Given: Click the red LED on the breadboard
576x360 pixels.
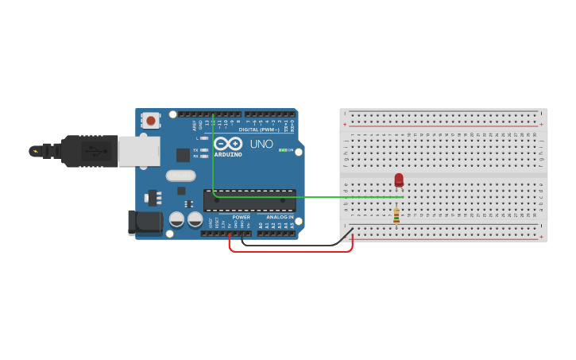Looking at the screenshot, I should coord(399,180).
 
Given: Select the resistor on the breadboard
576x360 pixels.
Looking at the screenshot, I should coord(396,215).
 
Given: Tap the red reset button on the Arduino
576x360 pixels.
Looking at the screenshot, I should coord(150,121).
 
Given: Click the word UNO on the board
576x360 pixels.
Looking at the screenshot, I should coord(261,145).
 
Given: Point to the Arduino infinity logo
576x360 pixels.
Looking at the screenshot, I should coord(227,144).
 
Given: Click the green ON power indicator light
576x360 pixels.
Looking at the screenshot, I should coord(283,150).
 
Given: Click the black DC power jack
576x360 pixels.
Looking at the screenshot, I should coord(145,223).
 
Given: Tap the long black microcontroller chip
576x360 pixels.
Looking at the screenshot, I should coord(249,200).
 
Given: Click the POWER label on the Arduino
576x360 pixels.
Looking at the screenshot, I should coord(241,217).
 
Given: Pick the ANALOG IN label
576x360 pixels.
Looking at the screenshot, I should coord(280,217).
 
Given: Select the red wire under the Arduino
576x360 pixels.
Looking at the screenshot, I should coord(290,251).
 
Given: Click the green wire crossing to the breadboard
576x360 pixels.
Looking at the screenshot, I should coord(318,197).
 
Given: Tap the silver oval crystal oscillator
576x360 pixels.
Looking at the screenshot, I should coord(180,176).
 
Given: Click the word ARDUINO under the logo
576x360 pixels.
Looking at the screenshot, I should coord(228,154).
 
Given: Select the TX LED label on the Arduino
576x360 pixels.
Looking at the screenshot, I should coord(195,149).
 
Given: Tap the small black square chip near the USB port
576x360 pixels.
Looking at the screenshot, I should coord(183,155).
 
